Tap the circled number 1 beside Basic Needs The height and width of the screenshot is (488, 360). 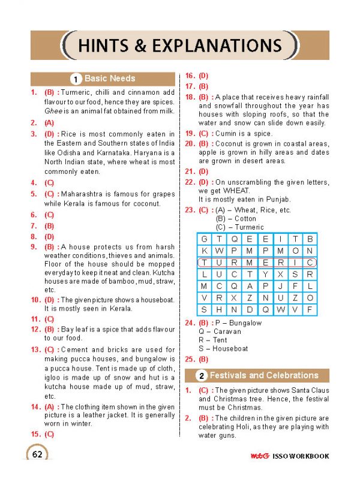pyautogui.click(x=76, y=79)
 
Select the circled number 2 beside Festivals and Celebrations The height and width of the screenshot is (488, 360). pyautogui.click(x=202, y=376)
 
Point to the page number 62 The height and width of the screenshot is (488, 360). pyautogui.click(x=37, y=454)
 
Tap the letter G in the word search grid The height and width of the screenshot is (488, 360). pyautogui.click(x=205, y=239)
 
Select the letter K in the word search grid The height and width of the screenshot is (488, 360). pyautogui.click(x=205, y=251)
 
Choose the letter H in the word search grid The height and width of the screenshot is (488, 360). pyautogui.click(x=220, y=310)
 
